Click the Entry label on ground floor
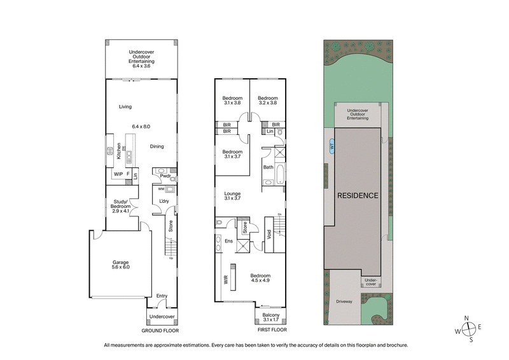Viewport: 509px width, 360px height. [x=162, y=296]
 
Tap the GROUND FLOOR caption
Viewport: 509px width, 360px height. [x=160, y=331]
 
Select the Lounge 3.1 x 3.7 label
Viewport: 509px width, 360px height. [x=232, y=196]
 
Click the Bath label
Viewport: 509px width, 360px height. [x=268, y=167]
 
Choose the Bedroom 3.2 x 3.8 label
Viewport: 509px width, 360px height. [x=268, y=100]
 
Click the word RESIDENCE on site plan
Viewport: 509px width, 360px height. [x=358, y=195]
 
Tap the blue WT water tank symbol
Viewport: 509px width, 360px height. [x=331, y=146]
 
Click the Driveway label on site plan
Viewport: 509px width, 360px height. [x=344, y=301]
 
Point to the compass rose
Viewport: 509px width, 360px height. [x=470, y=328]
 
